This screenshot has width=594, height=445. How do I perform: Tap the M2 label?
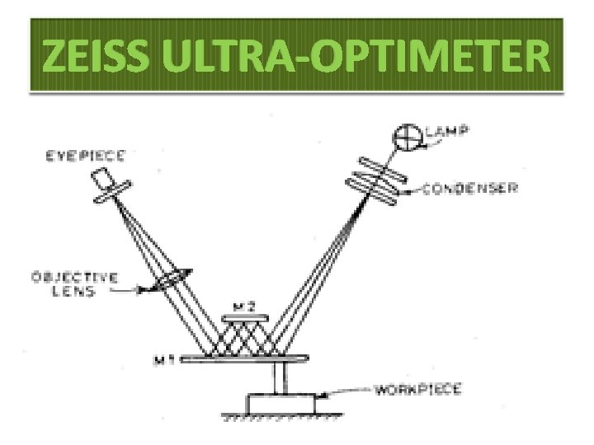tap(244, 306)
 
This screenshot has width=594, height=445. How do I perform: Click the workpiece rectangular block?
tap(281, 405)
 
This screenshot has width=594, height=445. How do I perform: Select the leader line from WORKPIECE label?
tap(346, 391)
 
